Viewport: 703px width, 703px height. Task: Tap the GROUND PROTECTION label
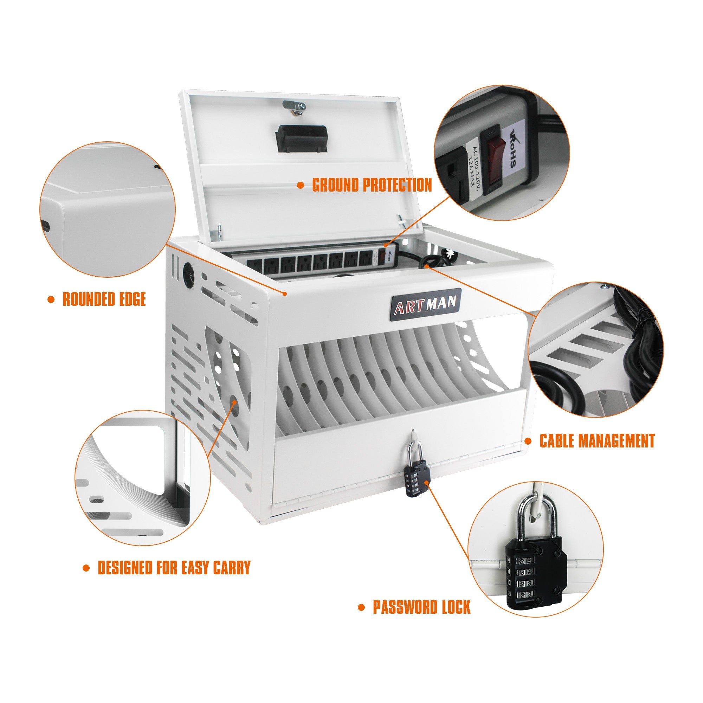point(372,185)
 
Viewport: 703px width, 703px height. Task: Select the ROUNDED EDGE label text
point(104,299)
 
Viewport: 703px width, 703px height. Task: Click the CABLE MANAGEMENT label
point(597,441)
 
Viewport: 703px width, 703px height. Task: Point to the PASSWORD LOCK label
point(421,607)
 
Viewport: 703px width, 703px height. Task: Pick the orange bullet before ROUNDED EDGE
point(51,299)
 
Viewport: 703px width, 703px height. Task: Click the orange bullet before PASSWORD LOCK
point(361,607)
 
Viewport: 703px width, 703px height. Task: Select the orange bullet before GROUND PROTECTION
point(301,185)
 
